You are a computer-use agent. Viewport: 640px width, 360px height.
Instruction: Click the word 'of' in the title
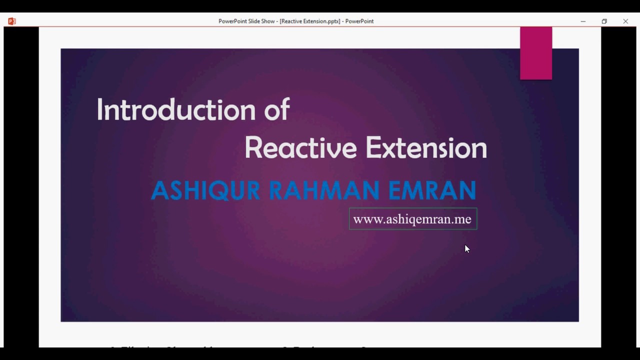[x=277, y=109]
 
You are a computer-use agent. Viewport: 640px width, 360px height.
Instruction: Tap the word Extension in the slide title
[x=426, y=148]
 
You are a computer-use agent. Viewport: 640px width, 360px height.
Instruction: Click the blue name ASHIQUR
[x=205, y=190]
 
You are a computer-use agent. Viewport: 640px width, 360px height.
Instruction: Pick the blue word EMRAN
[x=432, y=190]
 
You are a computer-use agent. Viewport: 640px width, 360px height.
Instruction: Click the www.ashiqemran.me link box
[x=413, y=219]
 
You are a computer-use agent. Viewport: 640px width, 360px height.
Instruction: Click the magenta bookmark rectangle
[x=536, y=53]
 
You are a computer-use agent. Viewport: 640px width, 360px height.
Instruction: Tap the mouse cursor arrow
[x=467, y=248]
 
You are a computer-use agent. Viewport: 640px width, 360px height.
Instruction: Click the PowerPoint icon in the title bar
[x=12, y=21]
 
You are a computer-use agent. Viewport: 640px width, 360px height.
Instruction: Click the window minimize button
[x=583, y=21]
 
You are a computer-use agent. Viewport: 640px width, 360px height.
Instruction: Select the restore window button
[x=604, y=21]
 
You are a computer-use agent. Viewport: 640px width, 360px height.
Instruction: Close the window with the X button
[x=625, y=21]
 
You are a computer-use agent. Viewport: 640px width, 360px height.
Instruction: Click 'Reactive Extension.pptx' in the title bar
[x=310, y=21]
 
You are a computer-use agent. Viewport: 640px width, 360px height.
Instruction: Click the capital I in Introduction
[x=100, y=109]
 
